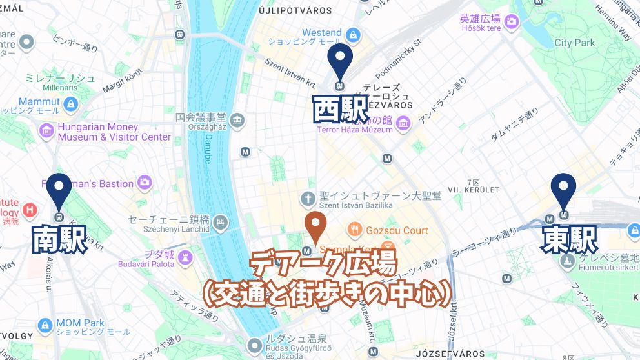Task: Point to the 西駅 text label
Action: [339, 109]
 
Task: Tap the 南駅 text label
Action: [60, 240]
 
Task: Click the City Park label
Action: [575, 43]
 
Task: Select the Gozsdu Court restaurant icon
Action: [355, 230]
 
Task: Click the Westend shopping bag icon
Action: [352, 34]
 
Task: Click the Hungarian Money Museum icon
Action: [46, 132]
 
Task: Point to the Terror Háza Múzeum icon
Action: [403, 122]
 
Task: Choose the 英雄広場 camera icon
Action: [512, 21]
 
